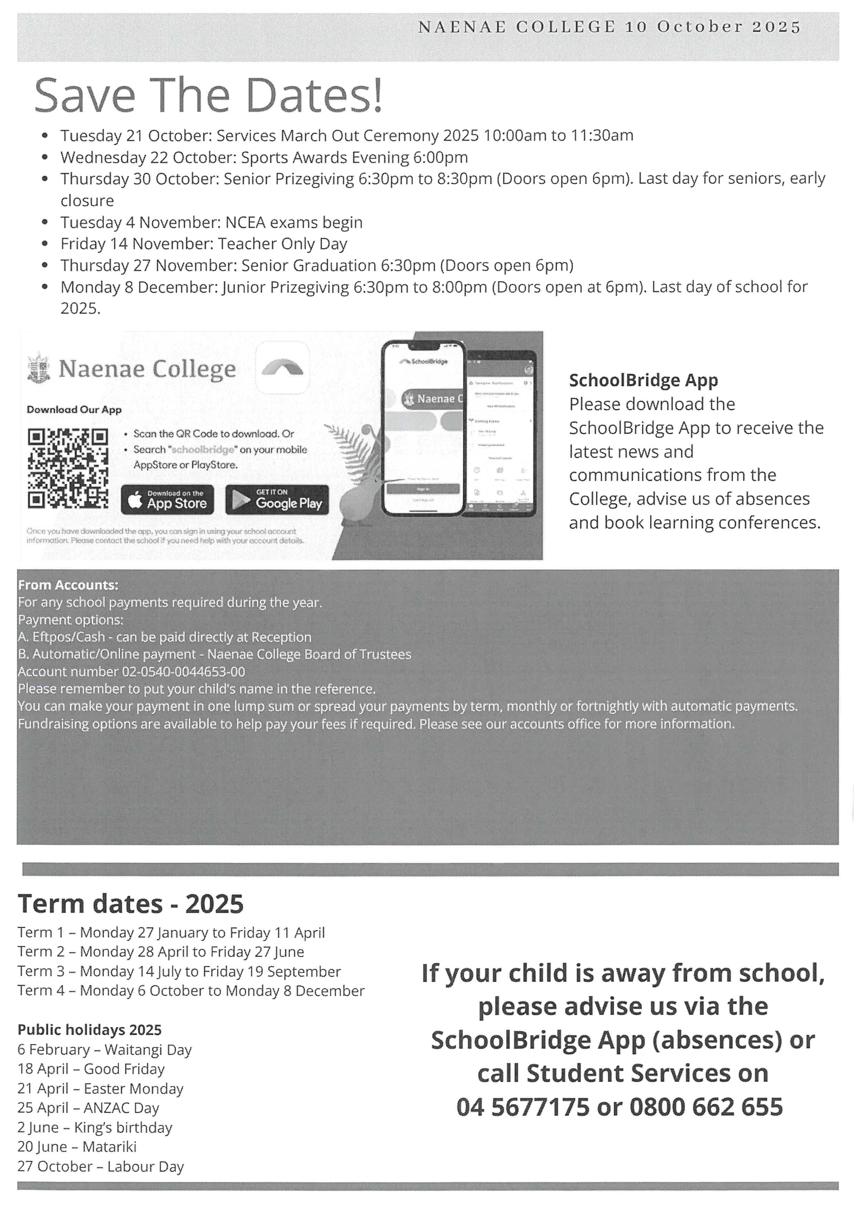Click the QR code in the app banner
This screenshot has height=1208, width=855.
pyautogui.click(x=68, y=468)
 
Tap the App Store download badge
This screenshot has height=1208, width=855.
pyautogui.click(x=167, y=499)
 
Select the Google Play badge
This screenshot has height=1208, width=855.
pyautogui.click(x=277, y=499)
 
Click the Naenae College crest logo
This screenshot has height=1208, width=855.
pyautogui.click(x=39, y=368)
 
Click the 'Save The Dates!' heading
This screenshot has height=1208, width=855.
pyautogui.click(x=208, y=95)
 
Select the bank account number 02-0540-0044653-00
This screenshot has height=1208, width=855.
pyautogui.click(x=183, y=672)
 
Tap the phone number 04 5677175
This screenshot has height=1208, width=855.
pyautogui.click(x=523, y=1107)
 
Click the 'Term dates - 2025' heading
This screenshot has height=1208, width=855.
pyautogui.click(x=131, y=904)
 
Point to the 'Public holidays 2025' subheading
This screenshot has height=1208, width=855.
pyautogui.click(x=90, y=1030)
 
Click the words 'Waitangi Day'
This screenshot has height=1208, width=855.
pyautogui.click(x=148, y=1050)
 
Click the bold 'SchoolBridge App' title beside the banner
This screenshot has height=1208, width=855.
pyautogui.click(x=643, y=380)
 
